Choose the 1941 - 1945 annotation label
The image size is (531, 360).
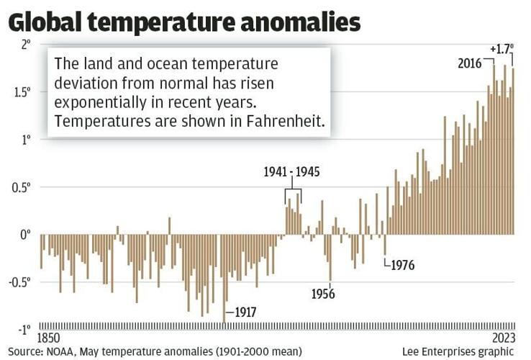(291, 173)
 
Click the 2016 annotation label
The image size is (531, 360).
(470, 63)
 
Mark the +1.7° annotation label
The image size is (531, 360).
(501, 49)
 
